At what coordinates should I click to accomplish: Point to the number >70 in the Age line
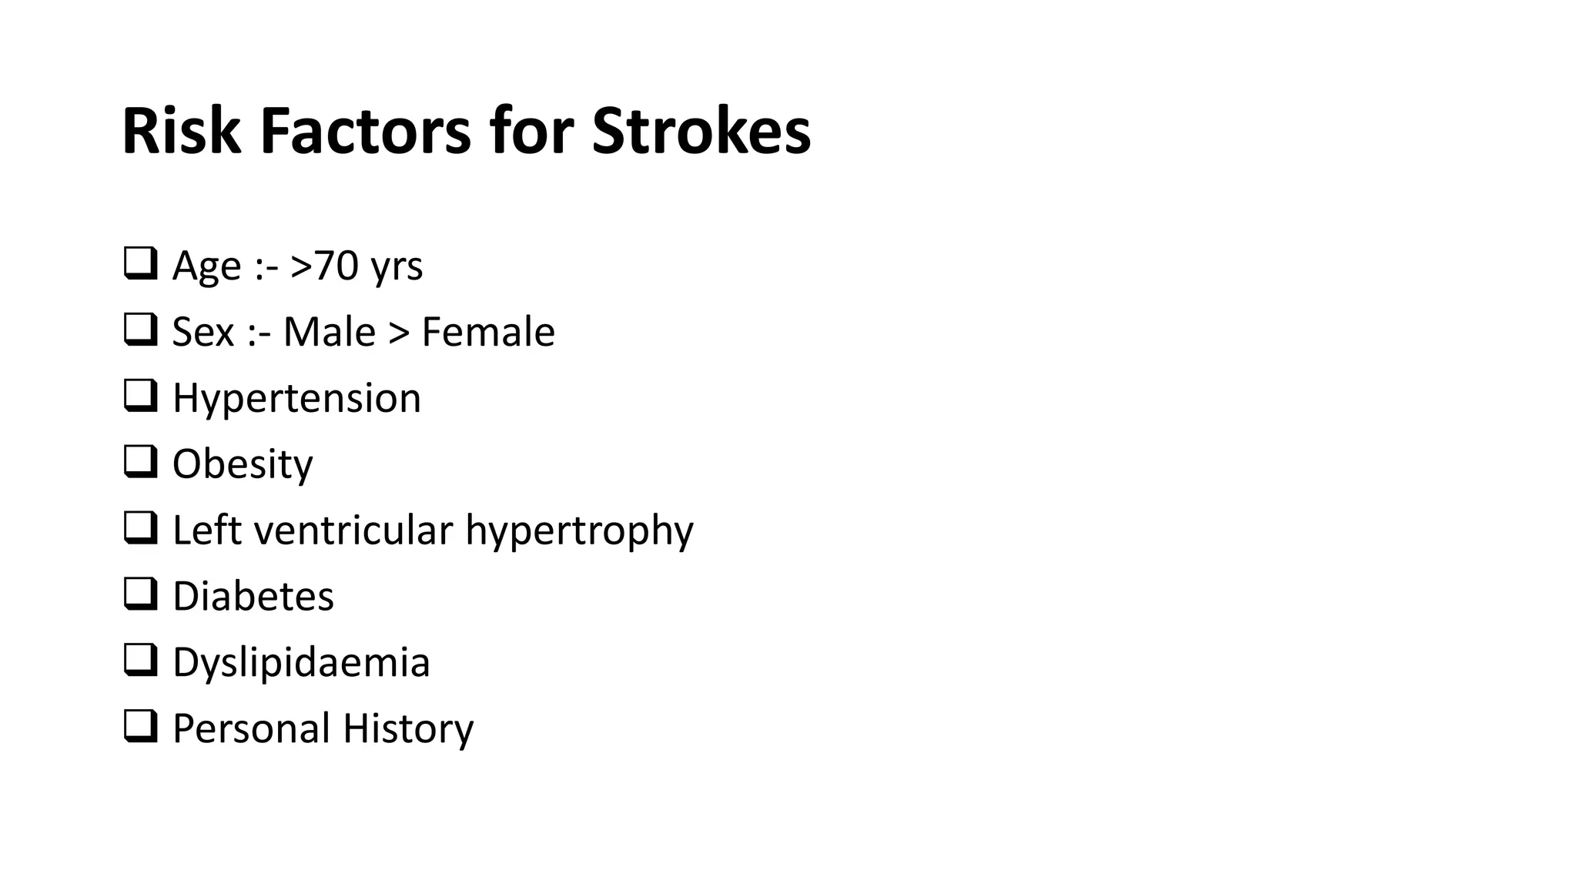[324, 266]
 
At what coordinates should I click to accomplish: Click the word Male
[329, 332]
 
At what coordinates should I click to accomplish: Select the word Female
[488, 332]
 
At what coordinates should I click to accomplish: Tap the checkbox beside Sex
[140, 330]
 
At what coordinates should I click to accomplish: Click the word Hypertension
[296, 399]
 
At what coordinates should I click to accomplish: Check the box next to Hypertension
[140, 396]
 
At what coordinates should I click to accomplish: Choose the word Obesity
[243, 464]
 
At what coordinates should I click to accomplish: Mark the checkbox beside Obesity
[140, 462]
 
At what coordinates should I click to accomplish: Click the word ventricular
[353, 531]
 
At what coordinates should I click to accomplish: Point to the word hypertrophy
[579, 531]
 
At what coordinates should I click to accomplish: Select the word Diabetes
[253, 597]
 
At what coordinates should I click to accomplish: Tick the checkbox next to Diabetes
[140, 594]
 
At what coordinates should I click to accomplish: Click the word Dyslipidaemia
[301, 663]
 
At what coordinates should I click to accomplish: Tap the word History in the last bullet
[408, 728]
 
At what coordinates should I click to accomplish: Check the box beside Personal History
[140, 726]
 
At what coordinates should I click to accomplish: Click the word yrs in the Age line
[397, 267]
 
